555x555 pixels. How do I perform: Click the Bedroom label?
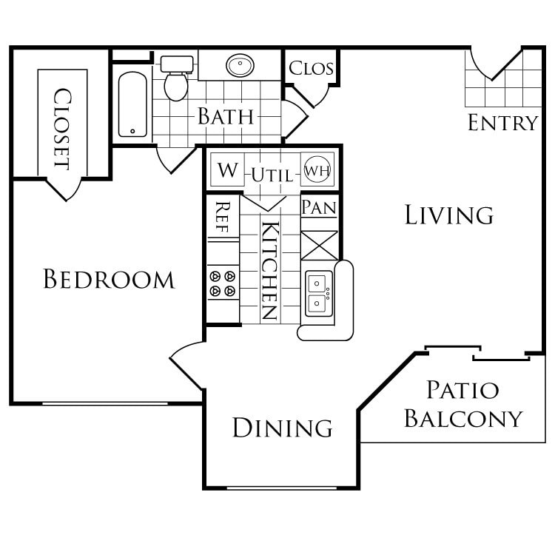pos(109,280)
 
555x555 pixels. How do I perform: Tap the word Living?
pos(449,215)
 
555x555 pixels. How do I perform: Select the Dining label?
pos(282,427)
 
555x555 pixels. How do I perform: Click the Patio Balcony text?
pos(463,404)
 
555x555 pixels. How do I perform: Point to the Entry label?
pos(502,123)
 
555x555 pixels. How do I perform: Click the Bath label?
pos(225,116)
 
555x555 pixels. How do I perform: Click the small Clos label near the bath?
pos(311,69)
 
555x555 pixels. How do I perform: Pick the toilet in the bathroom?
pos(176,79)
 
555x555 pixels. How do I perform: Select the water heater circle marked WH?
pos(317,169)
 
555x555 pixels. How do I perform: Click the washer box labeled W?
pos(228,171)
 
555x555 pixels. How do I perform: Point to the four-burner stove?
pos(222,283)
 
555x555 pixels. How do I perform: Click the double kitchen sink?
pos(319,293)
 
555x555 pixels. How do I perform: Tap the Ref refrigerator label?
pos(221,218)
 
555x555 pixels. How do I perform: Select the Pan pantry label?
pos(319,206)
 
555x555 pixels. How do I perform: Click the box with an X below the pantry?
pos(319,245)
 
